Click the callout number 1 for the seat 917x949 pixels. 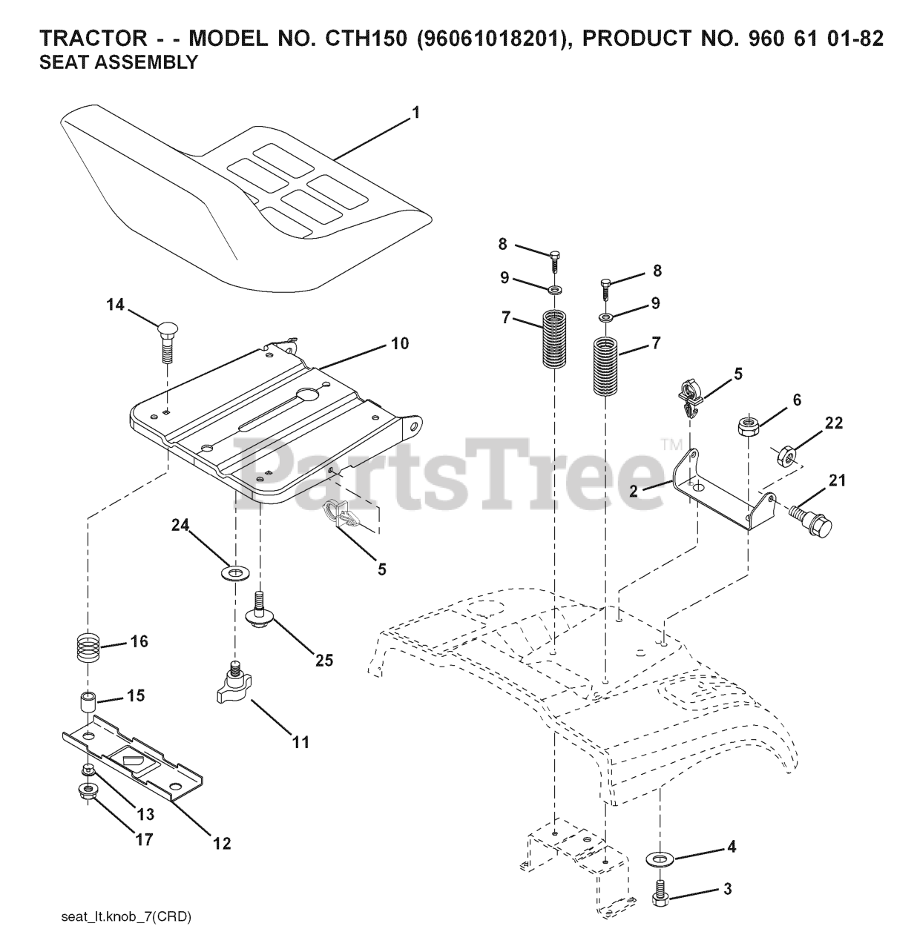415,113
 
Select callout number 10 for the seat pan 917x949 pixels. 400,344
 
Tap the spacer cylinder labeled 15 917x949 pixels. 88,701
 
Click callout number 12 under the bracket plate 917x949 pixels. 222,843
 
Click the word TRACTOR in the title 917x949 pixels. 84,39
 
